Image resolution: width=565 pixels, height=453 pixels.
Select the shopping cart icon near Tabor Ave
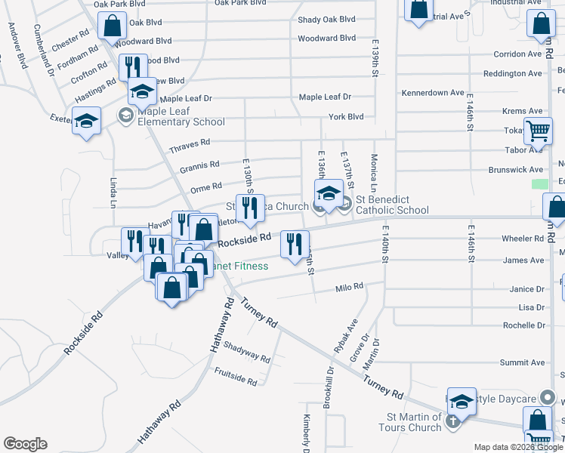538,131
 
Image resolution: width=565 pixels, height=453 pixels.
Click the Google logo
25,444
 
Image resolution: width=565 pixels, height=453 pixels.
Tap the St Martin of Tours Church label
414,422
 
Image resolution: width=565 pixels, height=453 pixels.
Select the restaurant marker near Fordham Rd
133,66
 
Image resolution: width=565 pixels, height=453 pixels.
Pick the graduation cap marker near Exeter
87,120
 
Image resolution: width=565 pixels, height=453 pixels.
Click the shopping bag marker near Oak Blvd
112,25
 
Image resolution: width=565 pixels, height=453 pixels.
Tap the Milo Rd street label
350,287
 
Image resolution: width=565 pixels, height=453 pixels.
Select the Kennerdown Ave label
433,92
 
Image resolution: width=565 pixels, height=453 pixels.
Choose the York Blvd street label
346,116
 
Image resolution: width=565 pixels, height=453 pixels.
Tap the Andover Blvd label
17,45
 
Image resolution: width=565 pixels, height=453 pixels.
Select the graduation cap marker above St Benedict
329,193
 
